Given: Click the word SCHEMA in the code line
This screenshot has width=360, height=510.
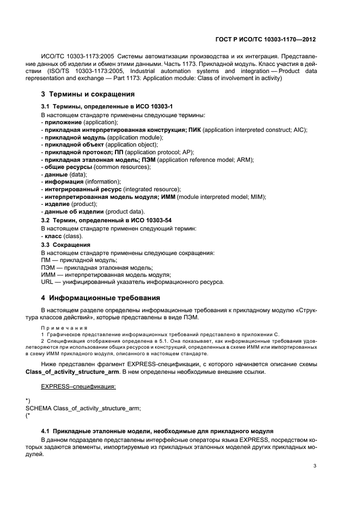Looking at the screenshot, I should [39, 408].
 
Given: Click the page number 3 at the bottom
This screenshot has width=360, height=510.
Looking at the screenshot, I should [315, 465].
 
